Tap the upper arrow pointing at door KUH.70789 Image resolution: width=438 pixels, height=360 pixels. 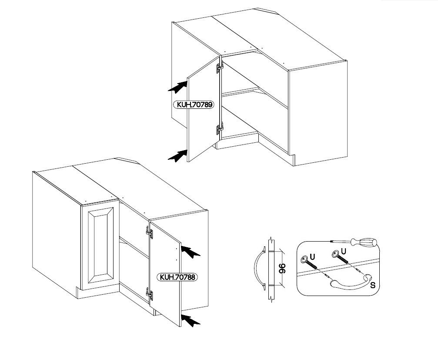(177, 87)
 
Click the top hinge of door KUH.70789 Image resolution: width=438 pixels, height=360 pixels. (220, 67)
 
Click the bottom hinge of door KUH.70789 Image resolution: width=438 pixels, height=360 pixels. (220, 129)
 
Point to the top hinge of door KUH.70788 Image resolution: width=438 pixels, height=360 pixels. (150, 233)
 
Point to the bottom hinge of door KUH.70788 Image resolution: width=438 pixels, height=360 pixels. (150, 295)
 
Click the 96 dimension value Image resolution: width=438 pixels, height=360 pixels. (281, 269)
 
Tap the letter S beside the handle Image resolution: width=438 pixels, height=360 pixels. (373, 286)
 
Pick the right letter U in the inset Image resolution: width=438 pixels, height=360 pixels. (344, 251)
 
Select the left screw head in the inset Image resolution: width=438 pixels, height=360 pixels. (304, 259)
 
